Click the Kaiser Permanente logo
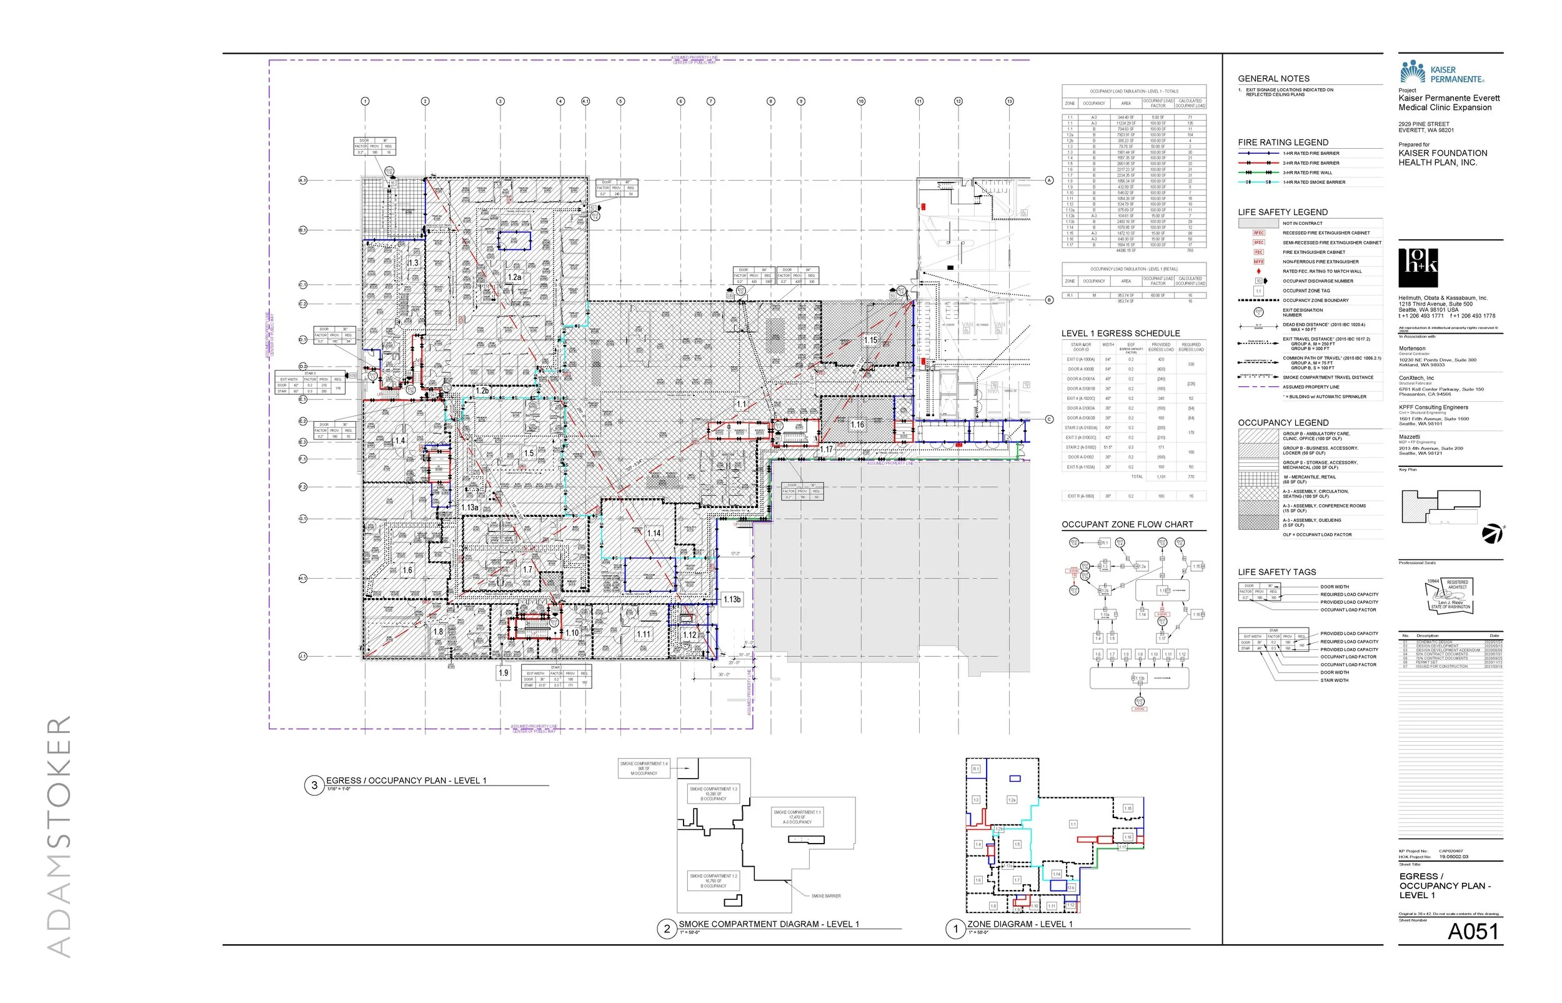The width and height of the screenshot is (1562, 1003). (1441, 72)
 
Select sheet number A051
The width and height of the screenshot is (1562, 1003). (1473, 931)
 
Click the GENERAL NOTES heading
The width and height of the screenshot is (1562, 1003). (1273, 79)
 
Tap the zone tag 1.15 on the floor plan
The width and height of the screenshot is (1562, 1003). (870, 340)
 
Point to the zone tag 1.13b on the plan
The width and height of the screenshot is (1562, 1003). (732, 599)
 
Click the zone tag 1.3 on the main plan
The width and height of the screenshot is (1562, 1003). (413, 263)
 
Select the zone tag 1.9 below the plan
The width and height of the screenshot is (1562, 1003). (504, 673)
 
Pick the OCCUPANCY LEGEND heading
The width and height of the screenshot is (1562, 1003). (1283, 422)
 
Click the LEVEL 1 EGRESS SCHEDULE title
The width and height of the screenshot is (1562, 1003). (1120, 334)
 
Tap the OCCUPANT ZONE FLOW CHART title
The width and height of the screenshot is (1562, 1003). (1127, 524)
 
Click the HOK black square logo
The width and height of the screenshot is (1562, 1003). (1418, 267)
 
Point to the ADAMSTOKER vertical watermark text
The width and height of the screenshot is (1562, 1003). (60, 837)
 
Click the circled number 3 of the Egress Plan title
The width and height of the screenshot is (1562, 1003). (314, 786)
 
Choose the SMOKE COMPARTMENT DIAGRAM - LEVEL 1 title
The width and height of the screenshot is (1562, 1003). (769, 924)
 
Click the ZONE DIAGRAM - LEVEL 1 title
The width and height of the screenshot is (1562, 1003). (1020, 924)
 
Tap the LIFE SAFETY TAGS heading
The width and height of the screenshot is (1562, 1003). (1277, 572)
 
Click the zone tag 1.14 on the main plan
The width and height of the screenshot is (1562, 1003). (654, 534)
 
